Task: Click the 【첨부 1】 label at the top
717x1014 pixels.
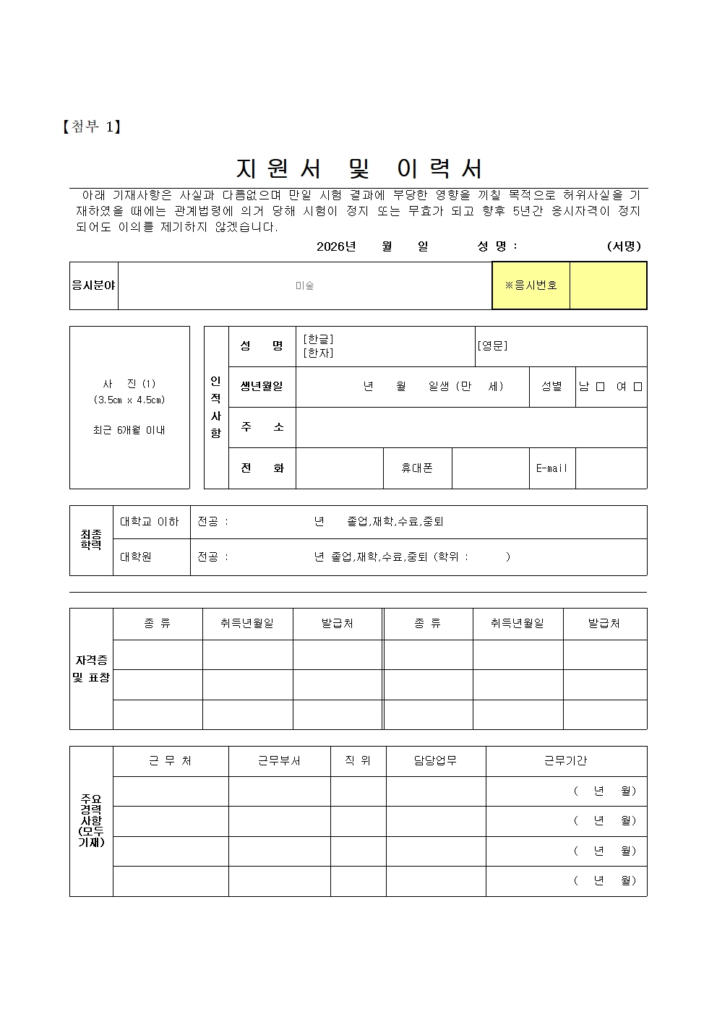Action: [91, 127]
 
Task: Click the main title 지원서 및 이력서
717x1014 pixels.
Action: [359, 168]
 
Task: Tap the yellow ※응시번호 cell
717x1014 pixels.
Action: [531, 285]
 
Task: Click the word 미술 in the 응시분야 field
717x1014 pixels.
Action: [304, 285]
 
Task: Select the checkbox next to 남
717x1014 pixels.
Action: [600, 387]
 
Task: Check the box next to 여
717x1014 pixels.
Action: [637, 387]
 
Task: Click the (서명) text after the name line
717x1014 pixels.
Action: [624, 246]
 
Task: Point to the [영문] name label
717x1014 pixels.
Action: [492, 345]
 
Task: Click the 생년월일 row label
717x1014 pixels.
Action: [262, 387]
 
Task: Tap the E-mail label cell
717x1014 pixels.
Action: [551, 468]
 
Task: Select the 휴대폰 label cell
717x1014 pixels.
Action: [417, 468]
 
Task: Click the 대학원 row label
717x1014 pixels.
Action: [136, 557]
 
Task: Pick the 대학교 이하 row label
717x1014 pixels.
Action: [150, 522]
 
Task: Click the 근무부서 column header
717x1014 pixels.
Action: [279, 761]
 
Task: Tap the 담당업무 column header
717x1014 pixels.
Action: [435, 761]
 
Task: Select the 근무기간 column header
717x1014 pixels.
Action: [565, 761]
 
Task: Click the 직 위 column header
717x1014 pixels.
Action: [358, 761]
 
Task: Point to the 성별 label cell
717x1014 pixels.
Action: [551, 387]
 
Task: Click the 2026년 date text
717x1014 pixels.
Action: [336, 246]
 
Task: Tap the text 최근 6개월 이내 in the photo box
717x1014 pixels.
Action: [129, 430]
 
